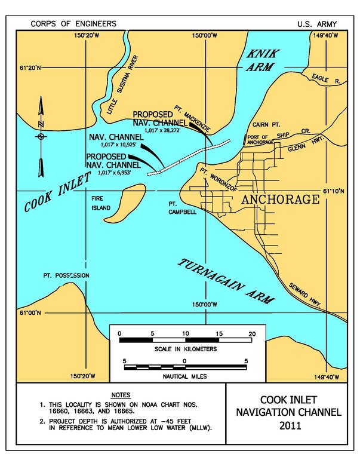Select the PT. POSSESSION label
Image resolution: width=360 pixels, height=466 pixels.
[x=66, y=275]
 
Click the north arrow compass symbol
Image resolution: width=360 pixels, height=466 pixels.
[x=41, y=136]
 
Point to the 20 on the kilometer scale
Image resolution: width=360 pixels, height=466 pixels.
[x=252, y=332]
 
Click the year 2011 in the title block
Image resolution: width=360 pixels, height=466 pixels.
[x=292, y=425]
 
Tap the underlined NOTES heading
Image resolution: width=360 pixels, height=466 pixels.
[x=121, y=396]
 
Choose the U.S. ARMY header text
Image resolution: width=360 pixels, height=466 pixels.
[x=316, y=24]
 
